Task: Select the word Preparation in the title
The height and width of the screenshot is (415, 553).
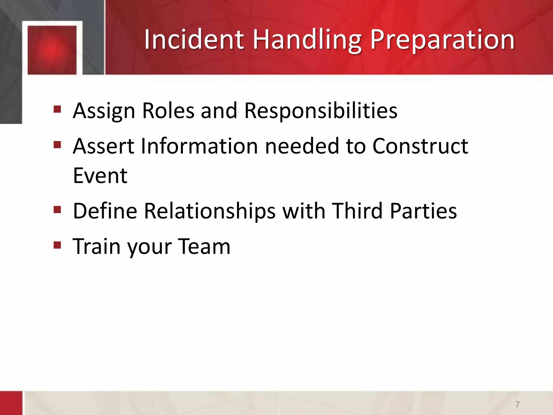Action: point(442,40)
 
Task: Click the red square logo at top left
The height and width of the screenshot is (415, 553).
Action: point(52,50)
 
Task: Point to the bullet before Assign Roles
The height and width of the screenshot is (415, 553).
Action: point(57,109)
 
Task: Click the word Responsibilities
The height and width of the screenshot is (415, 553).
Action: point(321,111)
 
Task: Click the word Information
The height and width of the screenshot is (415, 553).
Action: point(199,146)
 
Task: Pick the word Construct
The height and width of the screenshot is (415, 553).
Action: point(420,146)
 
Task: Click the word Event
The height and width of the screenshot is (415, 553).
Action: point(100,176)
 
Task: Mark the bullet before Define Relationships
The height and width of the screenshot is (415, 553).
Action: point(57,210)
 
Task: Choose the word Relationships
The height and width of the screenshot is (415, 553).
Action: point(210,211)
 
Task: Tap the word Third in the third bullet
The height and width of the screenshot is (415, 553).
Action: point(357,211)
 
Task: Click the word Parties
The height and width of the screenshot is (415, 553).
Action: point(423,211)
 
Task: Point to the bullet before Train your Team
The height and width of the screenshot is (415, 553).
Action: point(57,245)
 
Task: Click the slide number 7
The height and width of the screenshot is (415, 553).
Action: point(517,404)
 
